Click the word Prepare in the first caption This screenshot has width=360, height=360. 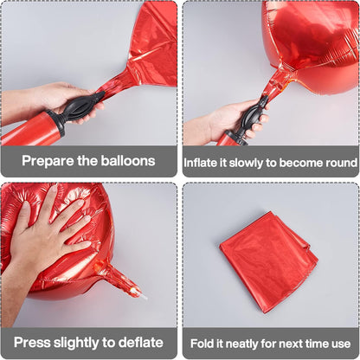[x=48, y=161]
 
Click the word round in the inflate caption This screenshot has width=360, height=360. [x=342, y=163]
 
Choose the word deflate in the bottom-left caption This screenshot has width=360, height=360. [x=141, y=343]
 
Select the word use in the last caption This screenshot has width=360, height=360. [x=341, y=344]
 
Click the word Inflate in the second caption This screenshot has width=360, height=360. [x=201, y=163]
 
